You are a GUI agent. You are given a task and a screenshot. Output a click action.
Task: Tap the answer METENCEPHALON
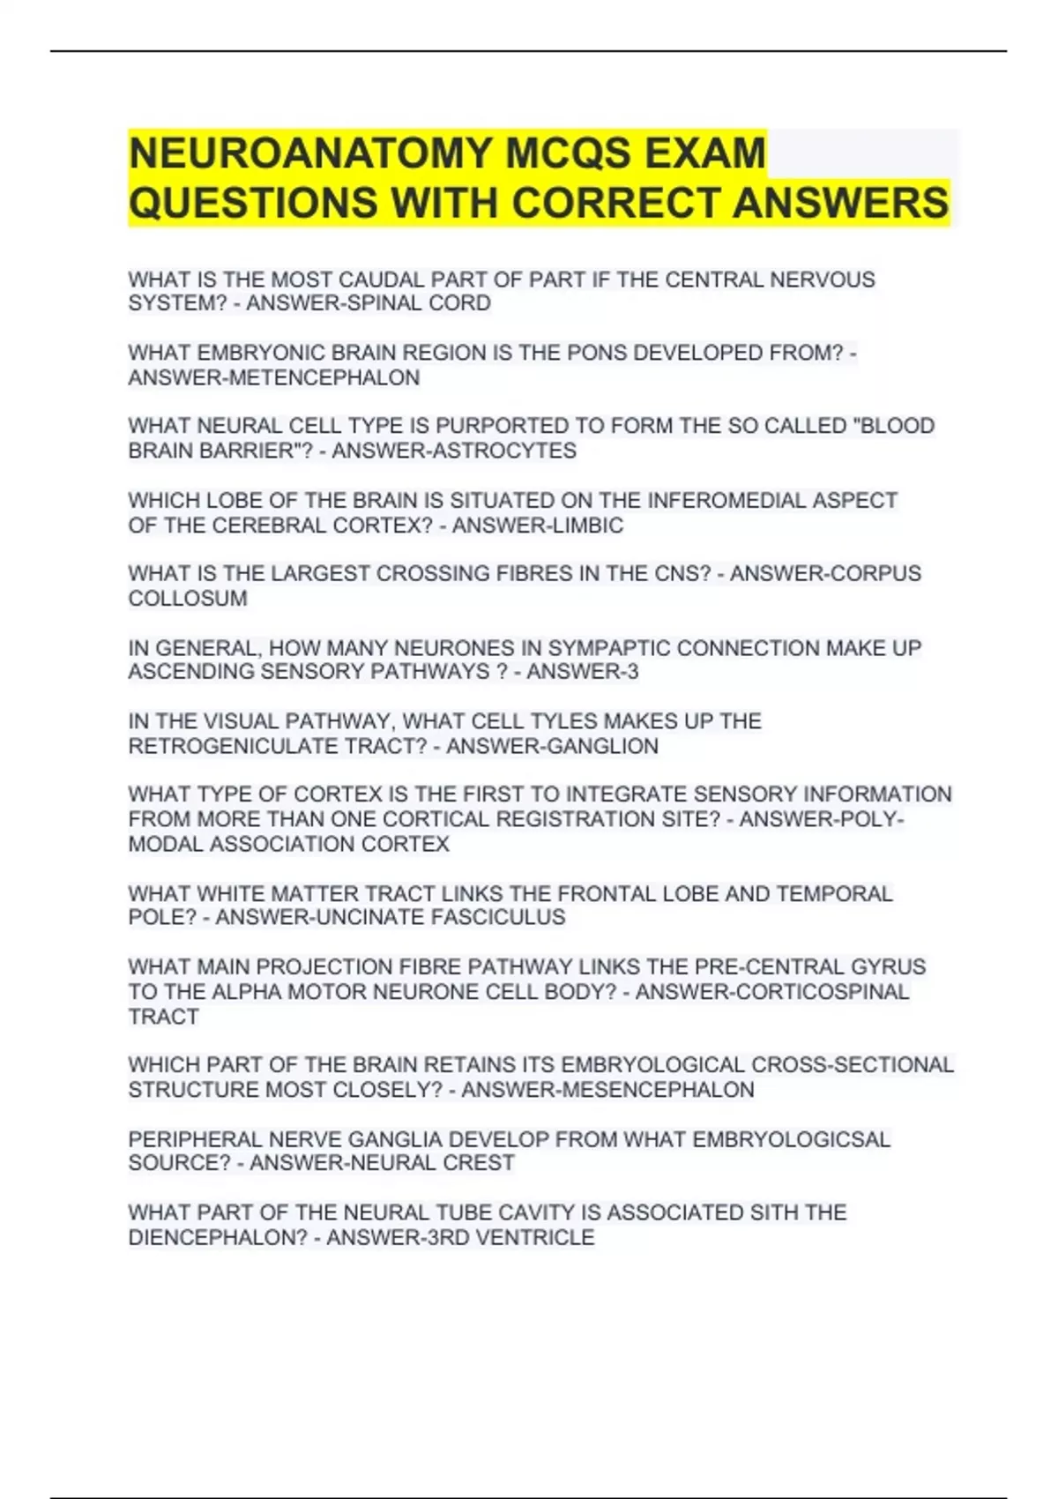pos(324,377)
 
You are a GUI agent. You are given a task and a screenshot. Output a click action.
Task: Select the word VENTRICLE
pos(534,1238)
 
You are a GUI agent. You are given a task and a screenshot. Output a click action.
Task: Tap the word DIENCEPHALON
pos(218,1238)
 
